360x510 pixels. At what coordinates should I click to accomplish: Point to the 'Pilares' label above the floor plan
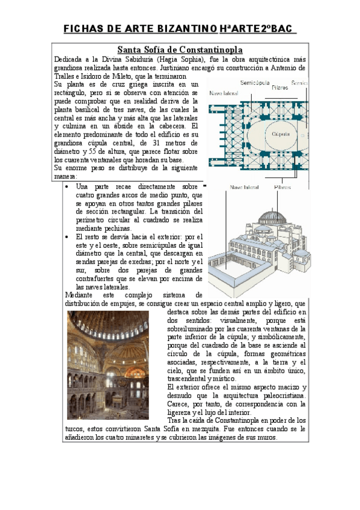(279, 88)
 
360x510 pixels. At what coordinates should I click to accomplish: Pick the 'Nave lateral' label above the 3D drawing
(244, 188)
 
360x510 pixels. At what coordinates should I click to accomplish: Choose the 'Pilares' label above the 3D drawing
(282, 188)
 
